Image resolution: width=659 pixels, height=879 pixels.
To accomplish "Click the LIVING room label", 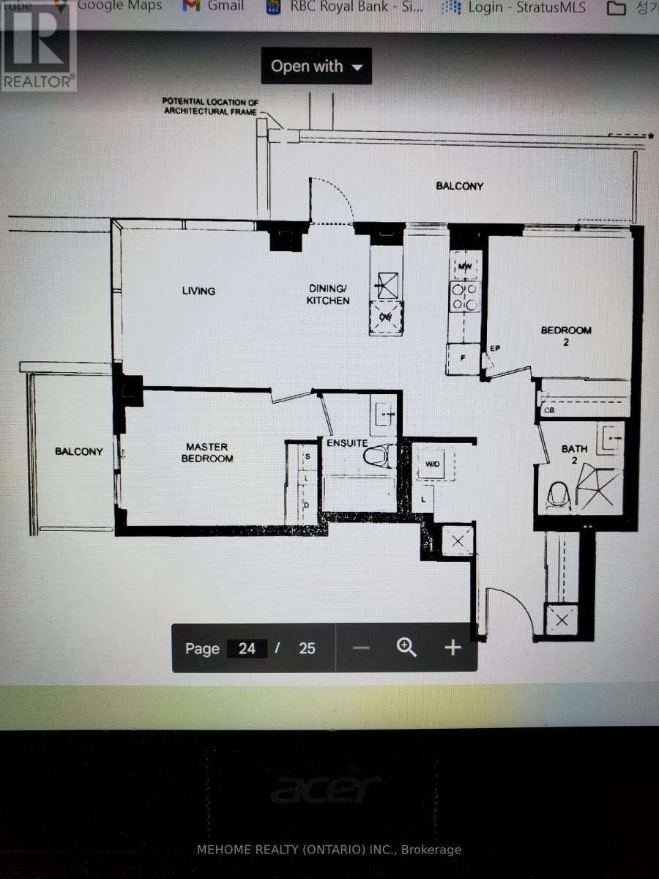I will pyautogui.click(x=198, y=291).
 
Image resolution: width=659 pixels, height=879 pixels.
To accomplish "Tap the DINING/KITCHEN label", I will pyautogui.click(x=328, y=294).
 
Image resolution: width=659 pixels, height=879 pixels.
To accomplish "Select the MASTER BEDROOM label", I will pyautogui.click(x=208, y=452).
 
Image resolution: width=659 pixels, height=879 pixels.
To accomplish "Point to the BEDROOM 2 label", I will pyautogui.click(x=566, y=335).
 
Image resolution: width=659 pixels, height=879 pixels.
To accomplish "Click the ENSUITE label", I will pyautogui.click(x=347, y=442).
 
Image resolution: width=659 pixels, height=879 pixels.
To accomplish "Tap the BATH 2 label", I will pyautogui.click(x=575, y=454).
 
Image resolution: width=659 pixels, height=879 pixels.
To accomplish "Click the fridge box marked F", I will pyautogui.click(x=463, y=358).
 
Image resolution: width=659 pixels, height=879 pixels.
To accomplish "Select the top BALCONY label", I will pyautogui.click(x=459, y=186).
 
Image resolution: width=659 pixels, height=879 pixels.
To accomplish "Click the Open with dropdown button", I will pyautogui.click(x=316, y=66).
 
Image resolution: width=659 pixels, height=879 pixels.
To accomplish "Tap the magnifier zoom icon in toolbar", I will pyautogui.click(x=406, y=647).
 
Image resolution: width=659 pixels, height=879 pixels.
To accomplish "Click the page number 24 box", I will pyautogui.click(x=247, y=648).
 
